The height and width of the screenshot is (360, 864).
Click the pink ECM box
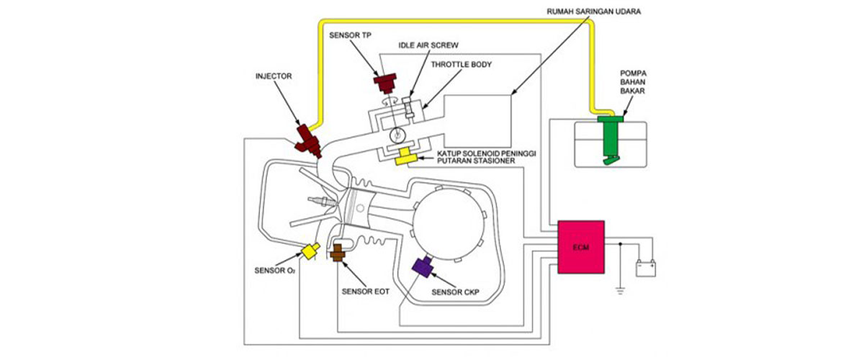pos(582,247)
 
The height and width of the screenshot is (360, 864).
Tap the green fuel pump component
pos(609,137)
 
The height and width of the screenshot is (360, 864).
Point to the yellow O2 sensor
pos(311,251)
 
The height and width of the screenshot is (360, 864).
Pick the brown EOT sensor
pos(338,252)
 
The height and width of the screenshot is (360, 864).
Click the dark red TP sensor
pos(387,82)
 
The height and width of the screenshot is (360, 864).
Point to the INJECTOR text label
pos(276,75)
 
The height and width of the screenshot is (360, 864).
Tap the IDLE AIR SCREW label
pos(428,45)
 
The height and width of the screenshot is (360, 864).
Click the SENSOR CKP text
pos(455,292)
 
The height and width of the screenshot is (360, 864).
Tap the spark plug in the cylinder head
pos(318,199)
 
